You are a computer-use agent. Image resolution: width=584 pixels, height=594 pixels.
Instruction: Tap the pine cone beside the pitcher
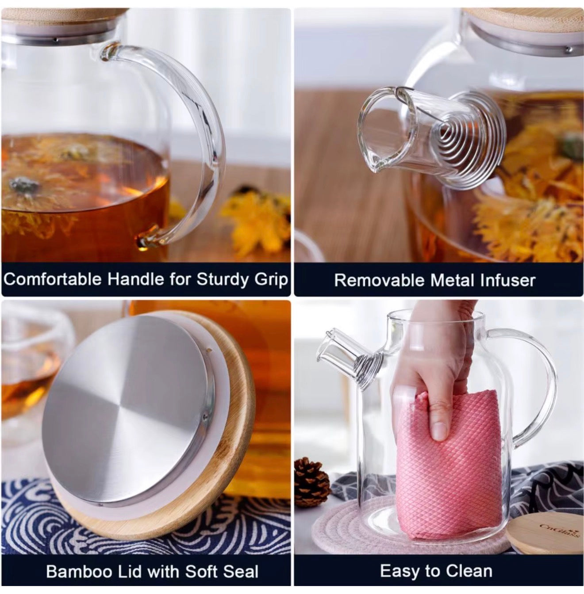[311, 481]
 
